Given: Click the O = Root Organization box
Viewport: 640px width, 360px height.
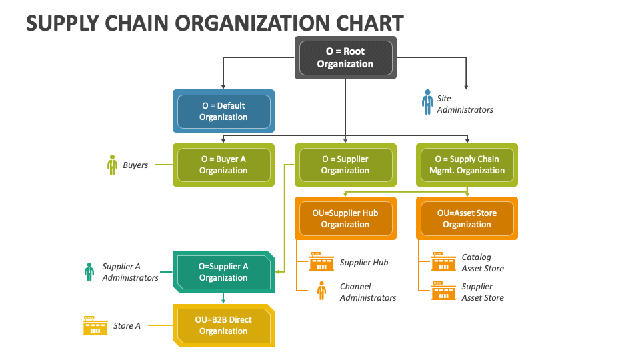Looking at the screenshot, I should click(345, 58).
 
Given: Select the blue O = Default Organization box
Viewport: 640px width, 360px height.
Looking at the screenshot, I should click(223, 111).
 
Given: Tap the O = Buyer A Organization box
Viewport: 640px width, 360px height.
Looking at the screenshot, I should click(223, 165).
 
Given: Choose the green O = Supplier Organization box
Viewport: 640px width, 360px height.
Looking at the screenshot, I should click(345, 165).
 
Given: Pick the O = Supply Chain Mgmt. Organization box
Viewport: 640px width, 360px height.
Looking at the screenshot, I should click(467, 165).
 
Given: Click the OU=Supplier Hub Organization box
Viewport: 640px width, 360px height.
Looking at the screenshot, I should click(345, 219).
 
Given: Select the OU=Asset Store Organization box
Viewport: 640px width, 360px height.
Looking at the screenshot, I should click(467, 219).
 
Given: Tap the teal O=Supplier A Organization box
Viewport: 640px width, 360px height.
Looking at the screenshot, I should click(223, 272).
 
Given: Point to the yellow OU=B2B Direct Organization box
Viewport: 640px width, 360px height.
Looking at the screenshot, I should click(223, 325).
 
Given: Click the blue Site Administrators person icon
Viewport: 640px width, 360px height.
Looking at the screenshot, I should click(427, 102).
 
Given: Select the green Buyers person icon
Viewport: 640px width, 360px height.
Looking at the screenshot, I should click(113, 165).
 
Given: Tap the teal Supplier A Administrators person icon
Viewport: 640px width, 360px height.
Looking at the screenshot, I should click(89, 271).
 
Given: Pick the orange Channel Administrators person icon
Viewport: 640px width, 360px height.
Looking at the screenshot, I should click(321, 291).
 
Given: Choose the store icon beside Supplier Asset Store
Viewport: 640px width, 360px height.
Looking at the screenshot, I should click(443, 291).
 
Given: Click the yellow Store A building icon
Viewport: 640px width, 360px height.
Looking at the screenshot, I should click(95, 325).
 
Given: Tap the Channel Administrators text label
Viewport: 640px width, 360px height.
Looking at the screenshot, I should click(367, 292).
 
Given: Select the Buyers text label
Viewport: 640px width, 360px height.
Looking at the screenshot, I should click(135, 165).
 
